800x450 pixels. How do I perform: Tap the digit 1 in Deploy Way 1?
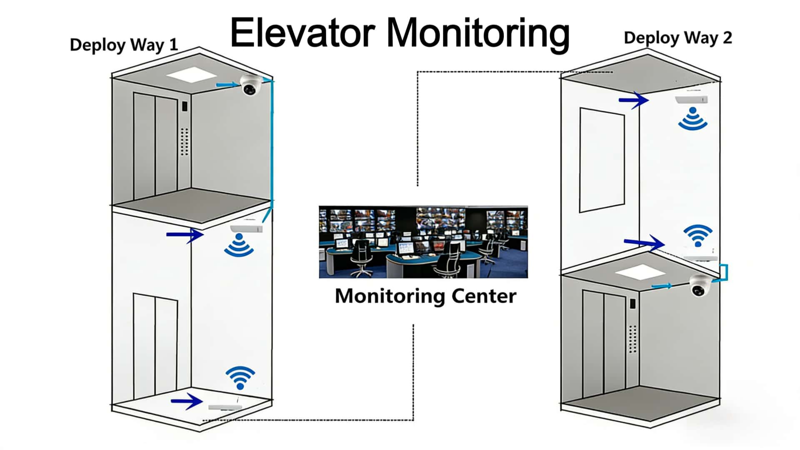(x=173, y=44)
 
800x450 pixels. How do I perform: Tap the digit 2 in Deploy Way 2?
(x=727, y=38)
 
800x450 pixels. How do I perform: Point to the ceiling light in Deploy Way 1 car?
(x=191, y=76)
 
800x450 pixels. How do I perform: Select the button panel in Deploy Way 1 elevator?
(x=185, y=142)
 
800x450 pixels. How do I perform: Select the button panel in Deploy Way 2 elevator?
(x=632, y=338)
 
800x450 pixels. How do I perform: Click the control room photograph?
(x=423, y=242)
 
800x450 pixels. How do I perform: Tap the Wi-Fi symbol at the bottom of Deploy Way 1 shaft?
(x=240, y=377)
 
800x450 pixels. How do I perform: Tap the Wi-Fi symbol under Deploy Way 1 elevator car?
(x=239, y=245)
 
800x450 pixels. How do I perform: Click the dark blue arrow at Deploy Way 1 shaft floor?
(x=187, y=401)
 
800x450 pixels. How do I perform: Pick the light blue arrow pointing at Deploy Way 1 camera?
(x=227, y=85)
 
